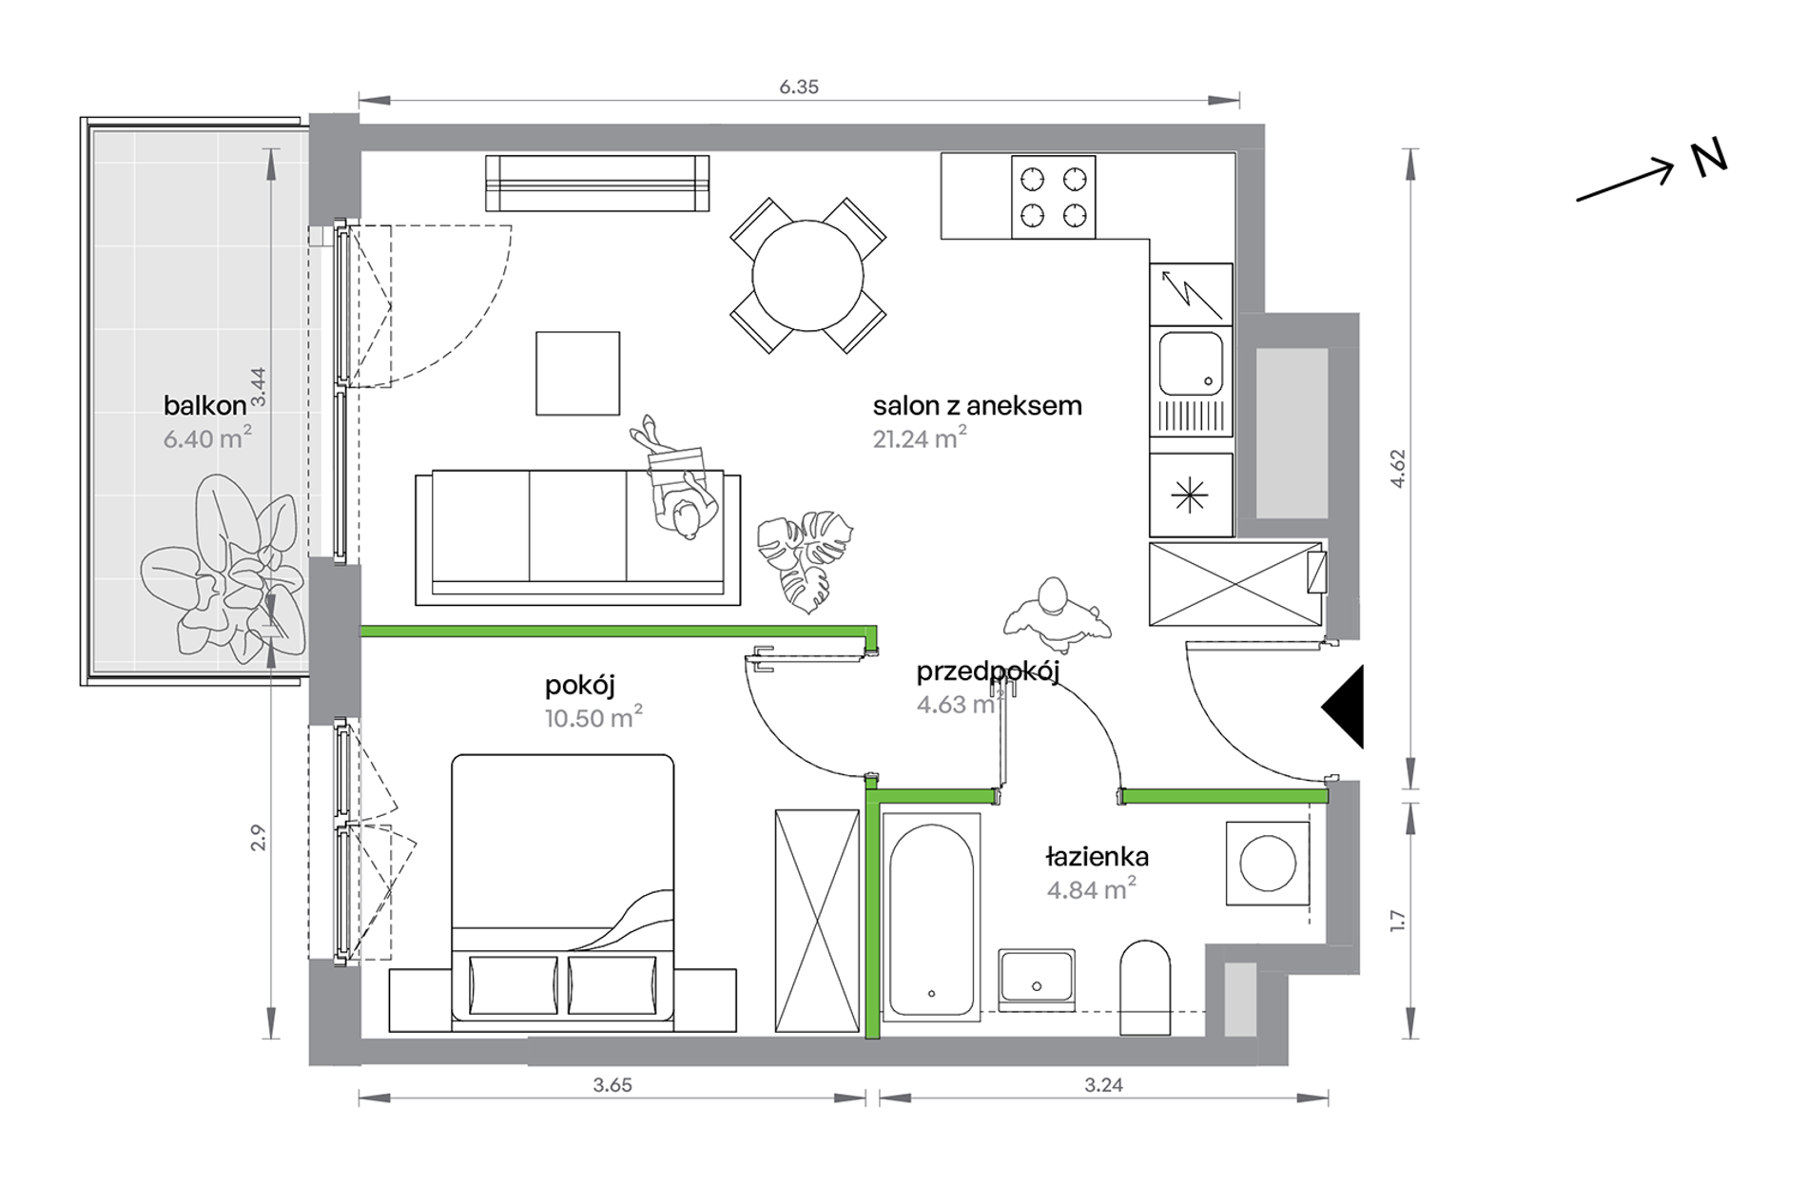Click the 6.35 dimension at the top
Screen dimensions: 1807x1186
(799, 87)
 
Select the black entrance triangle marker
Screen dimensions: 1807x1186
(1343, 707)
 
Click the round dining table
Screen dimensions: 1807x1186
(807, 276)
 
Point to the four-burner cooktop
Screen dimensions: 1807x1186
(1053, 197)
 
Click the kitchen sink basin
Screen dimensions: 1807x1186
(1191, 363)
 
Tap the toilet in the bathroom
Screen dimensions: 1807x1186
(1145, 987)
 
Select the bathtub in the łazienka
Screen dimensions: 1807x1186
(931, 918)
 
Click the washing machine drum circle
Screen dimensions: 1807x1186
(1268, 864)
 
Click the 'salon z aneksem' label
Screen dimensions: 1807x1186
(978, 406)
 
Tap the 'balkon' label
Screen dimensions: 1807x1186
(204, 406)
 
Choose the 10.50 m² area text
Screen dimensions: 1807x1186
(593, 717)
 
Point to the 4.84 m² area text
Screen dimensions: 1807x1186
(1092, 889)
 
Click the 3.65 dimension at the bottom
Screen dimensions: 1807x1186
(612, 1085)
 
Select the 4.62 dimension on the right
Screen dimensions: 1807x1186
(1398, 469)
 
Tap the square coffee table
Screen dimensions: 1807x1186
(577, 374)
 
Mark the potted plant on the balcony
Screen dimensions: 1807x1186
(224, 571)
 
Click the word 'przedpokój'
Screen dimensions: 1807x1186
(988, 671)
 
